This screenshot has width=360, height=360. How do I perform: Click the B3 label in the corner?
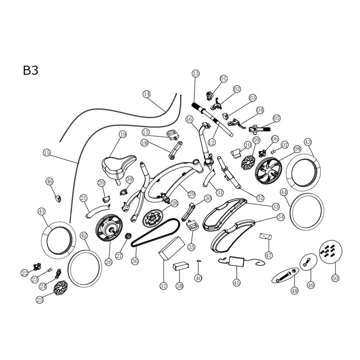pyautogui.click(x=31, y=70)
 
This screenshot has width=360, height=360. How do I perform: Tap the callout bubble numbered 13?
pyautogui.click(x=195, y=73)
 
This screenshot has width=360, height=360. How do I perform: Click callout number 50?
pyautogui.click(x=335, y=279)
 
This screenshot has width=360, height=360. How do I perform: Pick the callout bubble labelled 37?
pyautogui.click(x=163, y=286)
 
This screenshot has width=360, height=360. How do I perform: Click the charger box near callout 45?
pyautogui.click(x=237, y=262)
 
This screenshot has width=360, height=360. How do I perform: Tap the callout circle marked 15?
pyautogui.click(x=47, y=153)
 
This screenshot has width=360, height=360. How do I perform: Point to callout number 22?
pyautogui.click(x=25, y=273)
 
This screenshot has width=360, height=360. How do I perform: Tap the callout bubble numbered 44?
pyautogui.click(x=284, y=193)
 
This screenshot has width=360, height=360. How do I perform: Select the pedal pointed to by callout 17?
pyautogui.click(x=172, y=135)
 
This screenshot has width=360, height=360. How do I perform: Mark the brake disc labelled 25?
pyautogui.click(x=61, y=287)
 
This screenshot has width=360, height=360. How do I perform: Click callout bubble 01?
pyautogui.click(x=223, y=79)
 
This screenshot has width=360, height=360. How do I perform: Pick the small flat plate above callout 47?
pyautogui.click(x=266, y=236)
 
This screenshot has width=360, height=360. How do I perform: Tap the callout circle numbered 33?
pyautogui.click(x=275, y=207)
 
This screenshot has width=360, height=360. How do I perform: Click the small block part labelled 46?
pyautogui.click(x=58, y=198)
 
